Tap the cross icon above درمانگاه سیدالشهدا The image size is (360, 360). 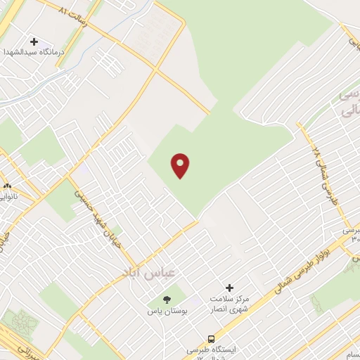[34, 42]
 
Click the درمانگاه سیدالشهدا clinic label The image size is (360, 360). [32, 53]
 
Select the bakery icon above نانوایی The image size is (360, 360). [7, 188]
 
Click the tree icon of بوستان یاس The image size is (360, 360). [166, 300]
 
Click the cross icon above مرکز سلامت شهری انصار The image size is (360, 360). [229, 287]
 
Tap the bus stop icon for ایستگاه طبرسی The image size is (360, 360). [212, 338]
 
